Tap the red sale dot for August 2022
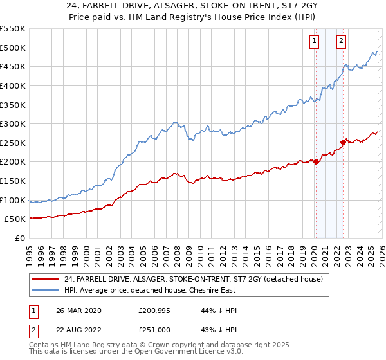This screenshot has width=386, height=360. click(343, 142)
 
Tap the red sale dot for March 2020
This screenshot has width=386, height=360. click(316, 161)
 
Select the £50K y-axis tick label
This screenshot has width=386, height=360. click(15, 219)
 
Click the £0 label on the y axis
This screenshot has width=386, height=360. click(19, 239)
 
